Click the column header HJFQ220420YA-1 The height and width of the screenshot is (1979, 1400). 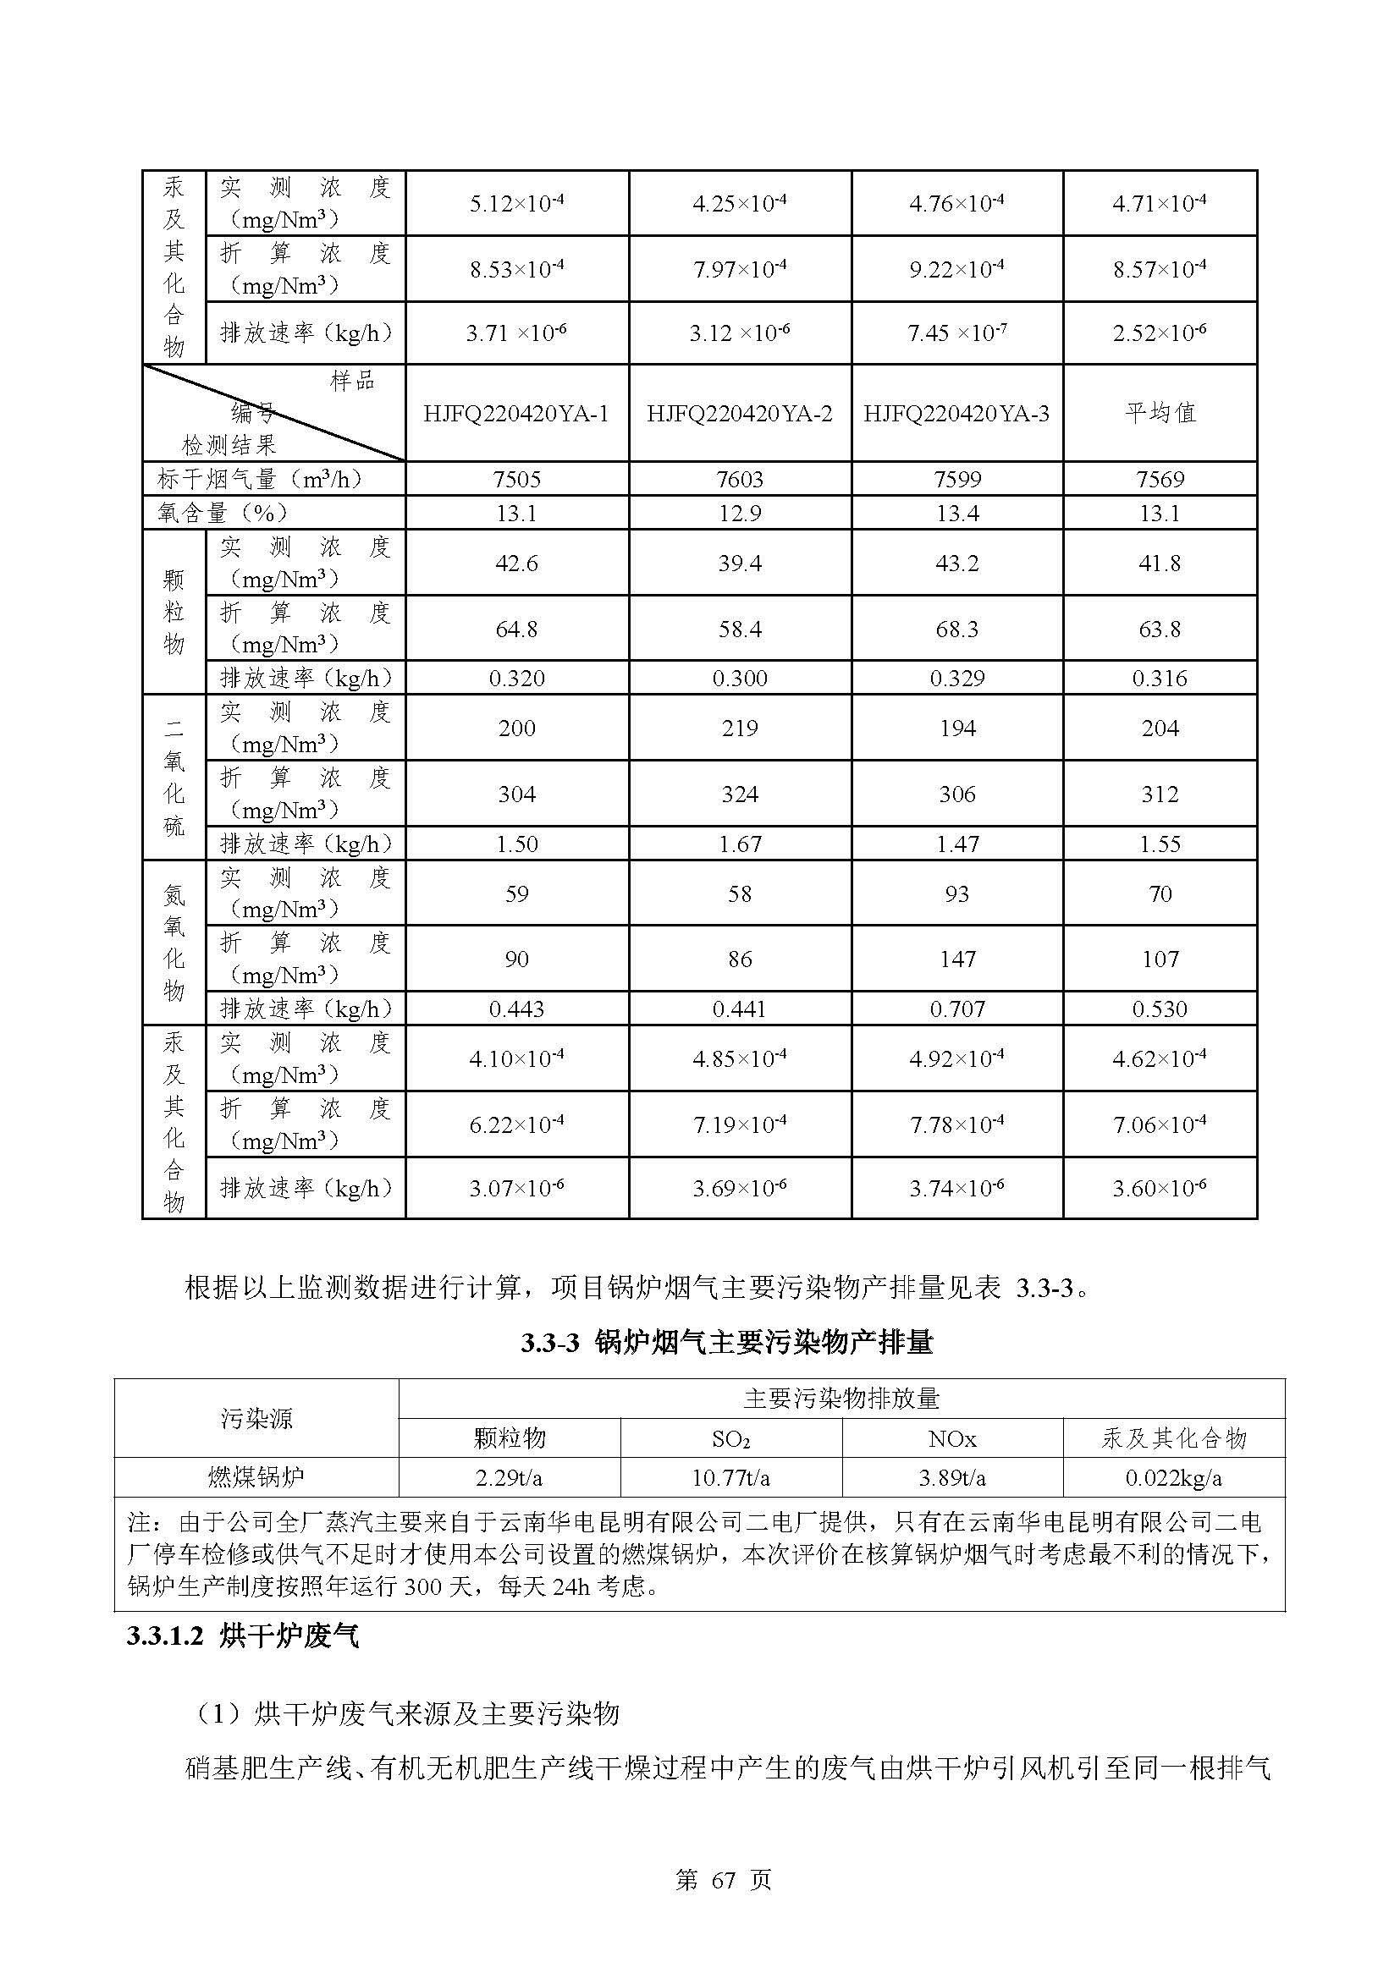click(515, 414)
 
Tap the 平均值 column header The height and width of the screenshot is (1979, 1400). click(1160, 413)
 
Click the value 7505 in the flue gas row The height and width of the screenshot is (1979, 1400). click(515, 479)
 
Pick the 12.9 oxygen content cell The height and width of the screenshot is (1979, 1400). click(739, 514)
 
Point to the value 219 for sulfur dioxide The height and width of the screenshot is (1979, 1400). click(739, 728)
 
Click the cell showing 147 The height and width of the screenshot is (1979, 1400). click(957, 959)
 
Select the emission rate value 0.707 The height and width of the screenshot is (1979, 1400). click(957, 1009)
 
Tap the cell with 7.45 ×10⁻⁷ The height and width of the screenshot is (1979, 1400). click(957, 333)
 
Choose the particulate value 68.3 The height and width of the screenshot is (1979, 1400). click(957, 629)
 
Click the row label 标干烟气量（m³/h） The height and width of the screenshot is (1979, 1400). click(260, 479)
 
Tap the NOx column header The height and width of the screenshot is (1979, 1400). click(951, 1439)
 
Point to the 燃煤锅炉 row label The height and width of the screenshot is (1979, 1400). click(256, 1478)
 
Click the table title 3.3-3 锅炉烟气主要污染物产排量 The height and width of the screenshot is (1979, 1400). click(726, 1343)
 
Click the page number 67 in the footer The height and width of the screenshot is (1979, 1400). click(722, 1881)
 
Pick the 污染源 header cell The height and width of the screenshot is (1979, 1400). click(256, 1419)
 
